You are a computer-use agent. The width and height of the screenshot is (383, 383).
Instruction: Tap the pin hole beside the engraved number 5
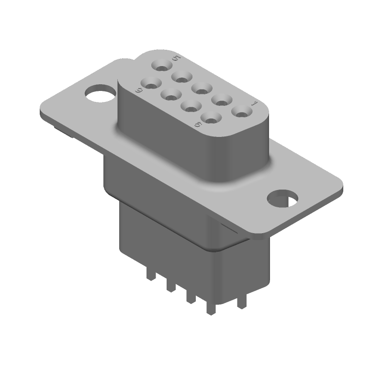point(160,65)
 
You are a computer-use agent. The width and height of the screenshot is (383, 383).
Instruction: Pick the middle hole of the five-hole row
point(202,88)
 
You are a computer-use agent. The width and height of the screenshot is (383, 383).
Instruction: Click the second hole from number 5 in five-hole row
point(181,76)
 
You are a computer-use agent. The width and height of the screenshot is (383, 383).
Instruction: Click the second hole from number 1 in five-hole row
point(223,100)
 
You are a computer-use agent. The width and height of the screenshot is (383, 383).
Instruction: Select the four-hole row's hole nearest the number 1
point(211,116)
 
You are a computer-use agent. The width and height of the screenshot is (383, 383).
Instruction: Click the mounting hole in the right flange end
point(282,198)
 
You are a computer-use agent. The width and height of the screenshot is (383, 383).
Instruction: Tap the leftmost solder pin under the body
point(151,276)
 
